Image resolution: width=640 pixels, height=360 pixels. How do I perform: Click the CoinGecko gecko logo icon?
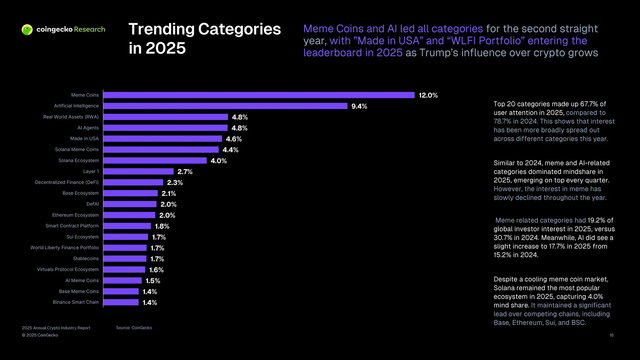pos(27,30)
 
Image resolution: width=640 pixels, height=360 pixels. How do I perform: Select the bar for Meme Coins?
pos(259,95)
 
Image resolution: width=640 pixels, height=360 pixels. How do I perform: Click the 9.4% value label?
pos(359,106)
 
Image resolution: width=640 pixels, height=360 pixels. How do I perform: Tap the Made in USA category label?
pos(84,138)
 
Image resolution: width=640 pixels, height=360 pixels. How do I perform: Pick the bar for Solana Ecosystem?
pos(155,161)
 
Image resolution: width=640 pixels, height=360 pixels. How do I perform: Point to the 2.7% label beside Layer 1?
pos(185,172)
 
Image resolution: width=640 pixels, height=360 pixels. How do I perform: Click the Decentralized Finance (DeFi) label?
pos(67,182)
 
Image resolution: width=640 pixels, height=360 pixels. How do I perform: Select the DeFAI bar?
pos(130,204)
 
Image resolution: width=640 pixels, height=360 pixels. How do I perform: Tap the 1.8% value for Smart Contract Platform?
pos(162,226)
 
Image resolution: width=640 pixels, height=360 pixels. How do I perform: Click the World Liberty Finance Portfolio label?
pos(64,247)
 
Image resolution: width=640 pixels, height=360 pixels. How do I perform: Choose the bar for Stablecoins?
pos(125,259)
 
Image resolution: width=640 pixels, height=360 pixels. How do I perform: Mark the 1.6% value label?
pos(156,270)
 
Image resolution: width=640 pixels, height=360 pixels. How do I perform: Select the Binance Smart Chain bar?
pos(121,302)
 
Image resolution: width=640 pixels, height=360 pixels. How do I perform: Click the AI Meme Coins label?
pos(82,280)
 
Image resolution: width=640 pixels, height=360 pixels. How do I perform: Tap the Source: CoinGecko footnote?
pos(134,328)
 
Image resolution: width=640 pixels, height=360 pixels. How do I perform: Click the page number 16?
pos(611,335)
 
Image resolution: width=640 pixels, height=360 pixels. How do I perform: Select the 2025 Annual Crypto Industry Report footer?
pos(56,328)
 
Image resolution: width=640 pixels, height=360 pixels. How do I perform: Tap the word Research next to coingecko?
pos(89,29)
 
